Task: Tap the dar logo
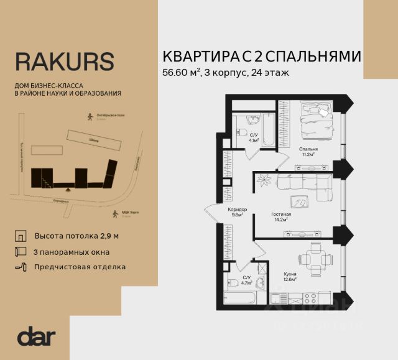pos(36,336)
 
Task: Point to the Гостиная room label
pos(281,216)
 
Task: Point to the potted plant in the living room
pos(266,180)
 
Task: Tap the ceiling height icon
pos(21,236)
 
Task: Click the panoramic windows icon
pos(21,252)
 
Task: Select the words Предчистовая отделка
pos(80,267)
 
